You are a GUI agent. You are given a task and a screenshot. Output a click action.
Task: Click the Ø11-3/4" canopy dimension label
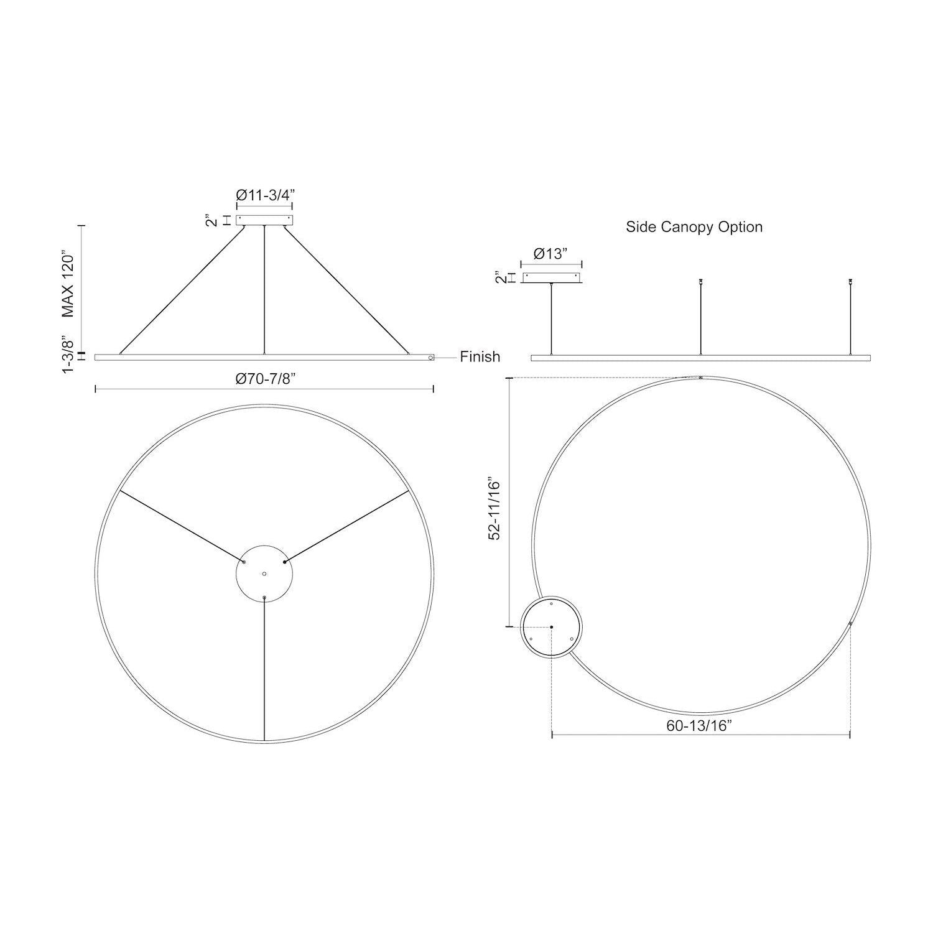coord(264,195)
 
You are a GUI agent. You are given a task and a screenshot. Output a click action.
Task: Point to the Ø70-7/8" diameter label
coord(264,379)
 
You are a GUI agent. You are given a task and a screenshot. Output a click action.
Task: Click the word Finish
coord(480,357)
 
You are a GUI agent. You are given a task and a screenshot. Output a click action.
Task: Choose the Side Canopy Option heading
coord(694,227)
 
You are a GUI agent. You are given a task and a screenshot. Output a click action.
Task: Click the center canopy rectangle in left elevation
coord(264,220)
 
